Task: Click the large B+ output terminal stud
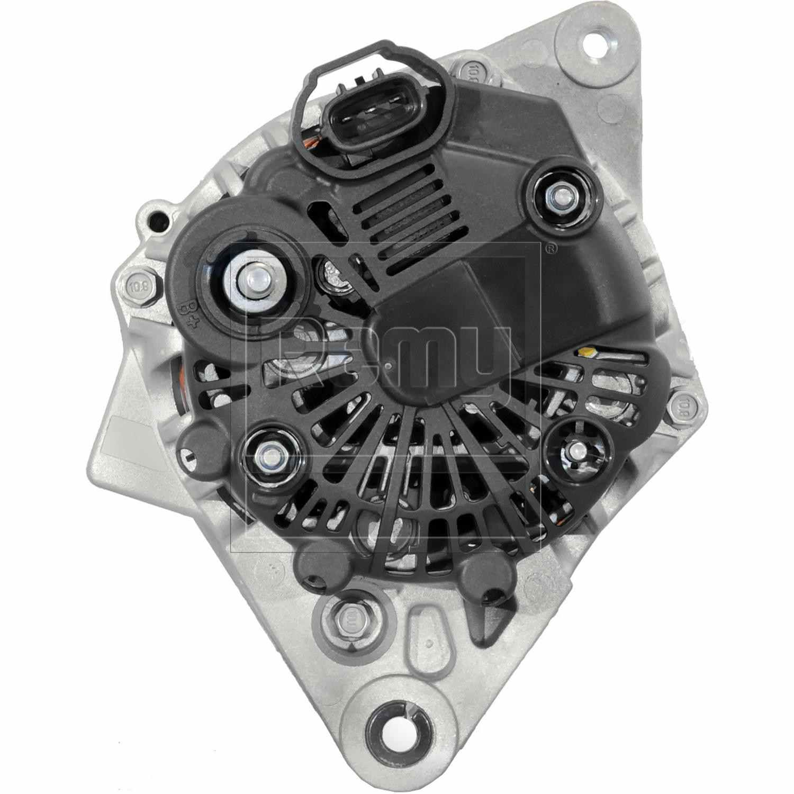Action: tap(253, 280)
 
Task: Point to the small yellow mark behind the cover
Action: tap(587, 351)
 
